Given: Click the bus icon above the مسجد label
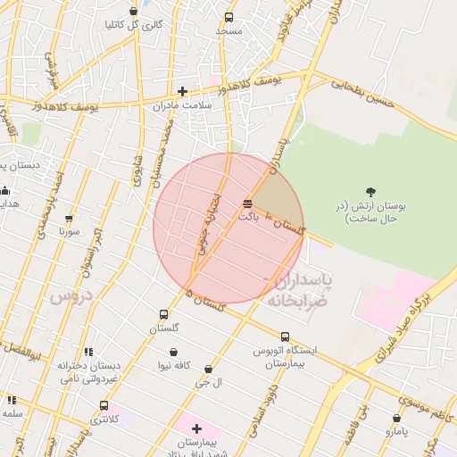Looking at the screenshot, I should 228,17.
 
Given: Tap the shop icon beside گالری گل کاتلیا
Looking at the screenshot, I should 134,12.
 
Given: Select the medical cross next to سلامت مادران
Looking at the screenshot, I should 182,91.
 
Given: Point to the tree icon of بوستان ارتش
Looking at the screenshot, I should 370,191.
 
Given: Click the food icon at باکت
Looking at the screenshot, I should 246,204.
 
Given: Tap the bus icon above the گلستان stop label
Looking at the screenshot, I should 163,314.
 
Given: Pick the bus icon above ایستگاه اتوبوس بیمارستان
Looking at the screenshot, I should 285,337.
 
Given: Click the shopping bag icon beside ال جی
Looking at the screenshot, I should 208,369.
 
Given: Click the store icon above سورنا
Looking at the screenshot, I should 69,218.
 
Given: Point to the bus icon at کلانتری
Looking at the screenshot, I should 104,405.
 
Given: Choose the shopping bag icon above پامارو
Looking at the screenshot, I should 396,418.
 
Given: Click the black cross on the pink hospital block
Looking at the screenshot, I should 196,428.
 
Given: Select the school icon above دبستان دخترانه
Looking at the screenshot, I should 87,352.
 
